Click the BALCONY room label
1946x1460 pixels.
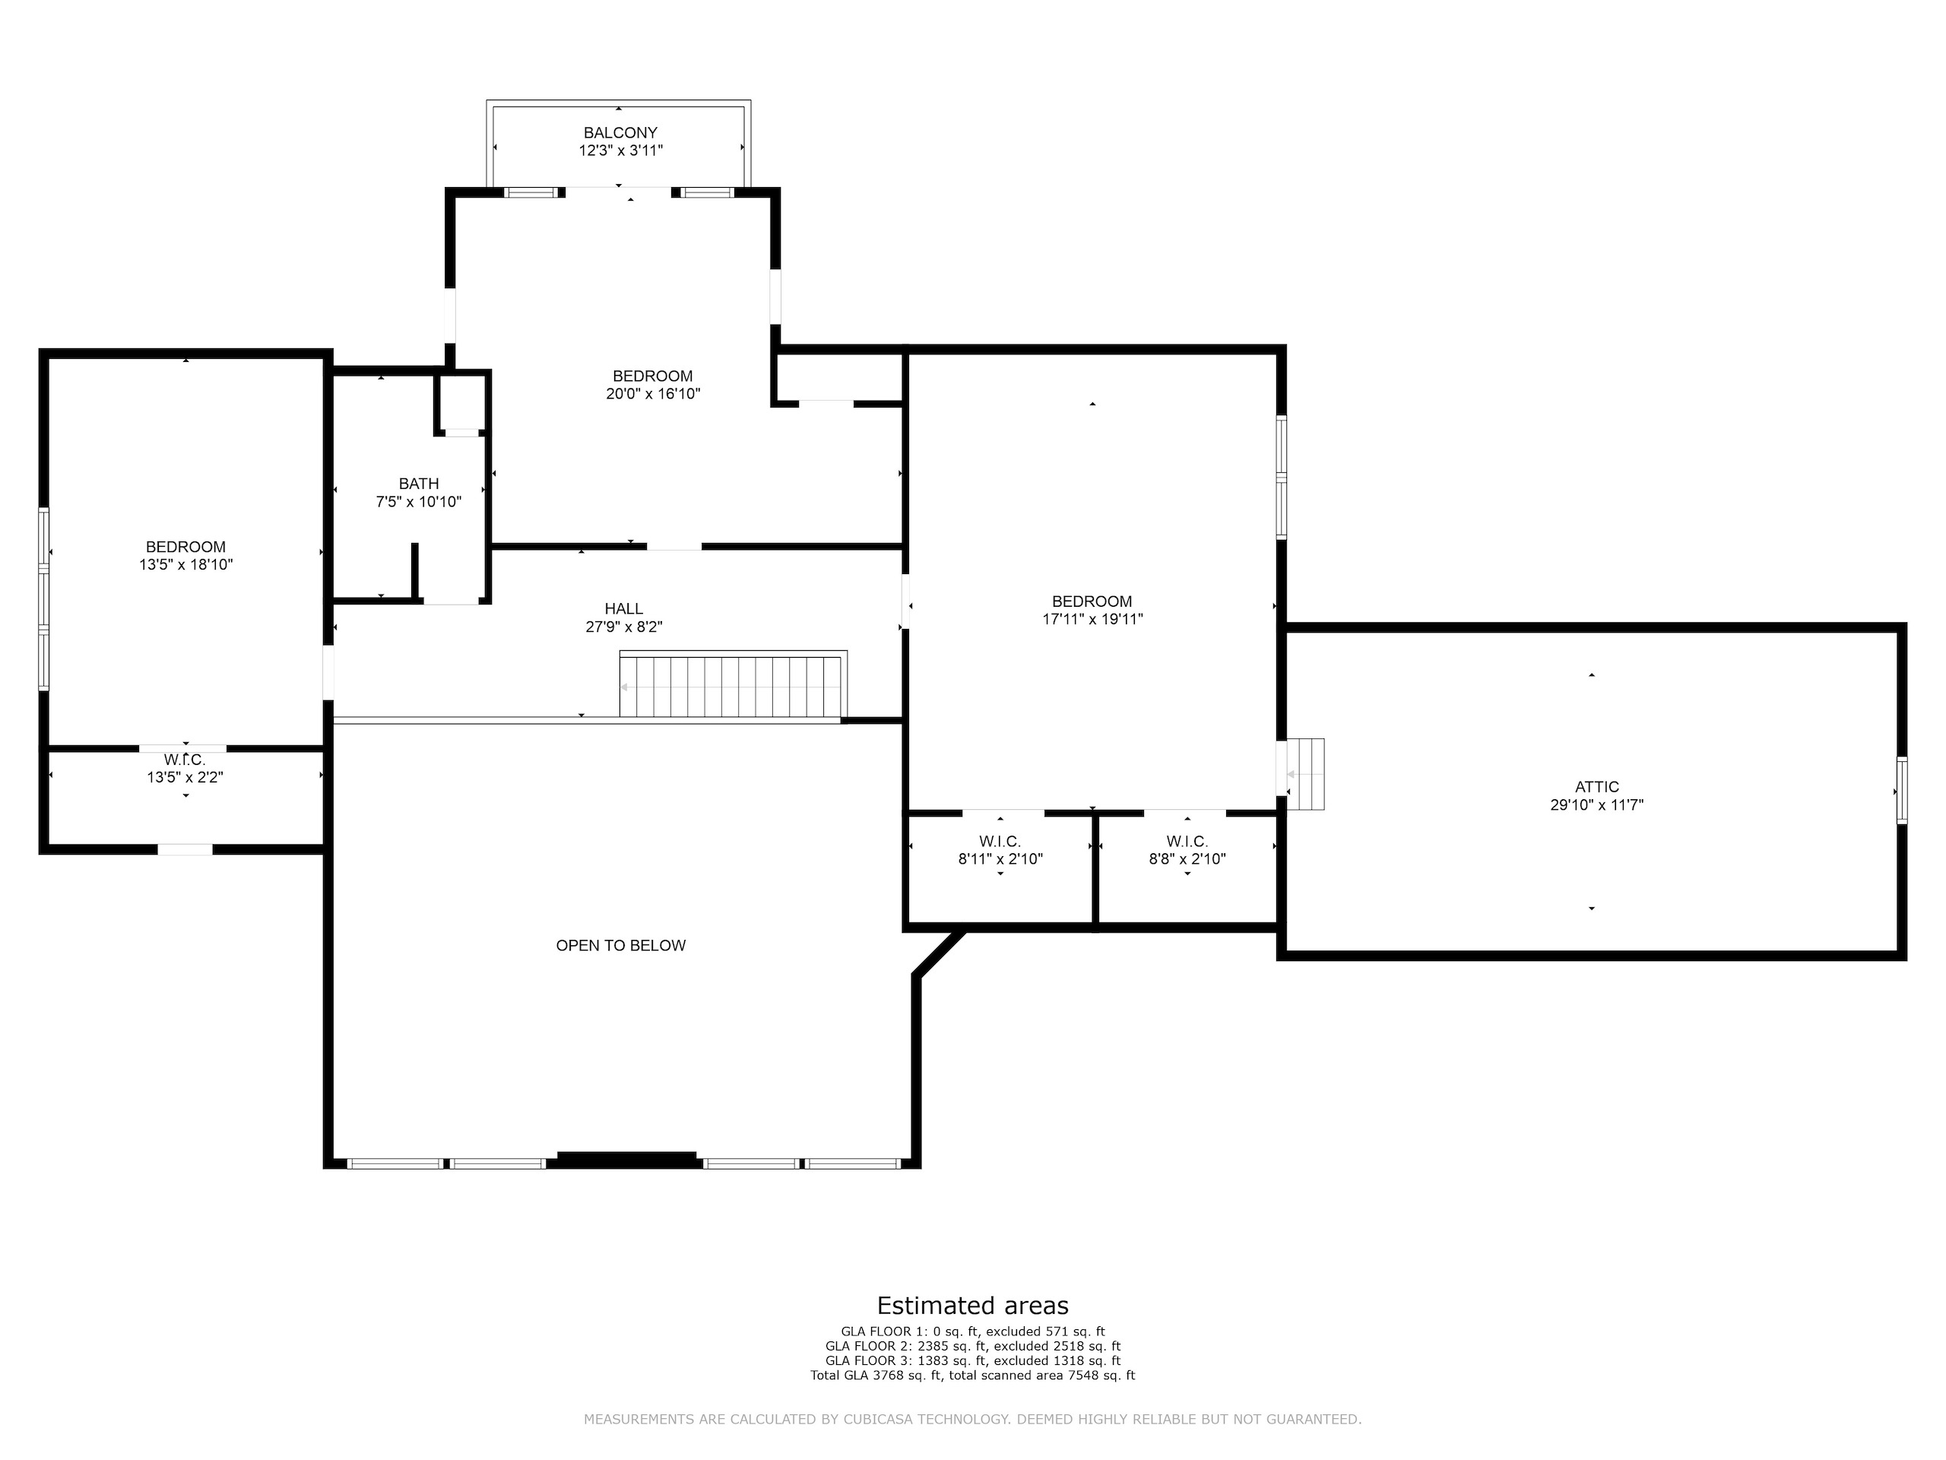620,133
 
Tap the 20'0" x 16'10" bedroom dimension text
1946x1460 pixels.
653,394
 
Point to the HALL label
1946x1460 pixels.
624,608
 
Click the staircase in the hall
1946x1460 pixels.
733,684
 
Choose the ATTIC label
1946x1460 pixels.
1597,787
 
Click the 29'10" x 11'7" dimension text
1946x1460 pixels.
1597,805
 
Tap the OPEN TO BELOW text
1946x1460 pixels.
621,945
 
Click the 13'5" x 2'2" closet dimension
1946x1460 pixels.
185,777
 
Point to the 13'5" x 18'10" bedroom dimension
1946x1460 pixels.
185,565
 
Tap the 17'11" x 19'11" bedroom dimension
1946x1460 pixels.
1092,619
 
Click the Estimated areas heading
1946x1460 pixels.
973,1305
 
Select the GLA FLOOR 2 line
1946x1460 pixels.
973,1346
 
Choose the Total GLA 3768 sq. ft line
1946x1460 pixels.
973,1375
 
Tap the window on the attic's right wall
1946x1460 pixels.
1902,789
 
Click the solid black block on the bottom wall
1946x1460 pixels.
627,1160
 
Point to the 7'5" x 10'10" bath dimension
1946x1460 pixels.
419,502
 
